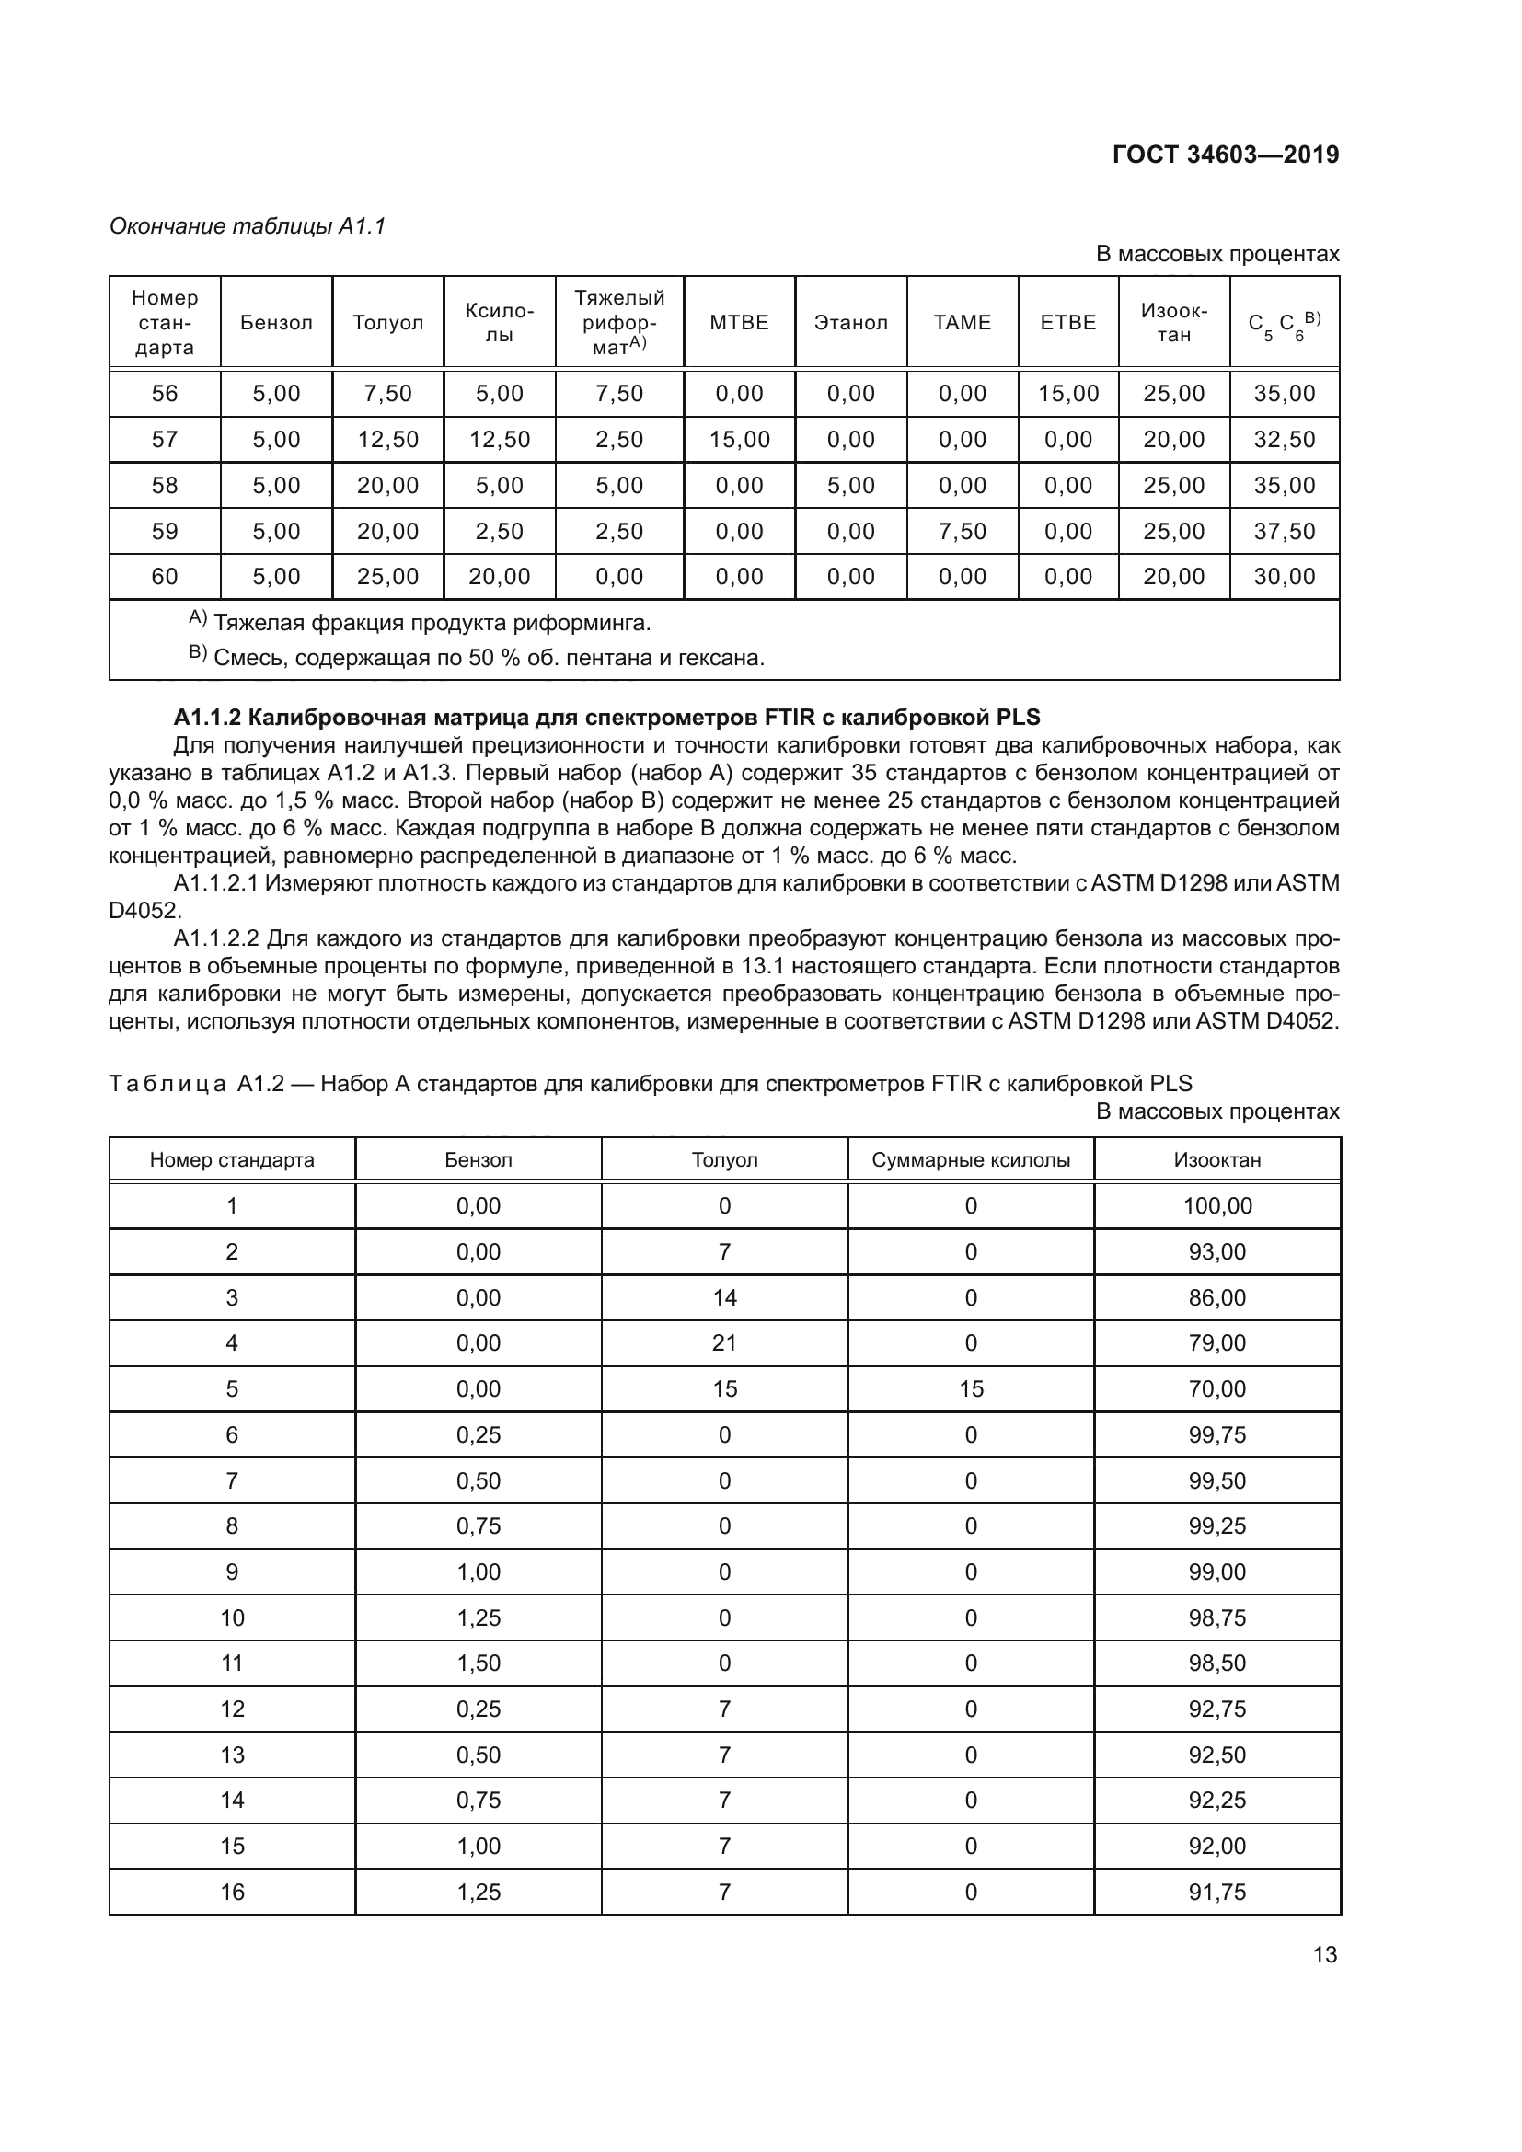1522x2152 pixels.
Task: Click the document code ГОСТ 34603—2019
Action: [x=1225, y=155]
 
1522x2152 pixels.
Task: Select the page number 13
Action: [x=1324, y=1954]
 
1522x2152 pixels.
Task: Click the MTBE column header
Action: [x=739, y=322]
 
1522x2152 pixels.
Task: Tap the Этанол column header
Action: [x=850, y=322]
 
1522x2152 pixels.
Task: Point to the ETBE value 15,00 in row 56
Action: [x=1067, y=394]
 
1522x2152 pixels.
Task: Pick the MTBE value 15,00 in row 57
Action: [x=739, y=440]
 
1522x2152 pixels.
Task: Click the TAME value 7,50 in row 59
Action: [x=962, y=532]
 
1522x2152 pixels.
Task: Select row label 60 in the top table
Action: [x=164, y=577]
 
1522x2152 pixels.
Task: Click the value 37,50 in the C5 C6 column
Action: [x=1284, y=532]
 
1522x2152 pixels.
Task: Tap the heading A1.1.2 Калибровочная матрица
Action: [x=606, y=717]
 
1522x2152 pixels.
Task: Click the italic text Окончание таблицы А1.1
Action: [x=248, y=226]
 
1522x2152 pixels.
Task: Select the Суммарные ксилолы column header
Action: [x=970, y=1159]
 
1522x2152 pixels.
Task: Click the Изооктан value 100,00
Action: [x=1216, y=1205]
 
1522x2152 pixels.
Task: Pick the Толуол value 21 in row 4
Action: [x=723, y=1342]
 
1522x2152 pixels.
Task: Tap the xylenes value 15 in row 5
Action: [x=970, y=1388]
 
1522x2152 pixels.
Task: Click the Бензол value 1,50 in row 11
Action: [x=478, y=1663]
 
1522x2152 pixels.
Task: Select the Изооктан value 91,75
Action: [x=1216, y=1892]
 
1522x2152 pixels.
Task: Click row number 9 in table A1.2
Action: [x=232, y=1571]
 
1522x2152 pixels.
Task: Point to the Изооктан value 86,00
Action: [x=1216, y=1297]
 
